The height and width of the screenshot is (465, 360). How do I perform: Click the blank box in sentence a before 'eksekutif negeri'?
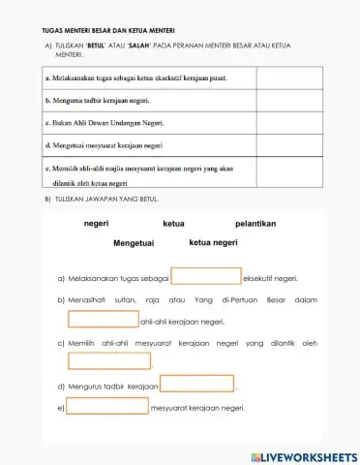pos(206,277)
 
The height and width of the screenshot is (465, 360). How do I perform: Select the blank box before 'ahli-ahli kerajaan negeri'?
pos(104,320)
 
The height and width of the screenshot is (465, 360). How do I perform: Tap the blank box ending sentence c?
pos(109,361)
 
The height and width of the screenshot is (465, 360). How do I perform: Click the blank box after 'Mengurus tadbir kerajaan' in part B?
pos(196,385)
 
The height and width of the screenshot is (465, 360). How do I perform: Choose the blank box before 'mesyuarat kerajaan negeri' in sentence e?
pos(108,407)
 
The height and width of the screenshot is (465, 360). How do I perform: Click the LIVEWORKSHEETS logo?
pos(302,455)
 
